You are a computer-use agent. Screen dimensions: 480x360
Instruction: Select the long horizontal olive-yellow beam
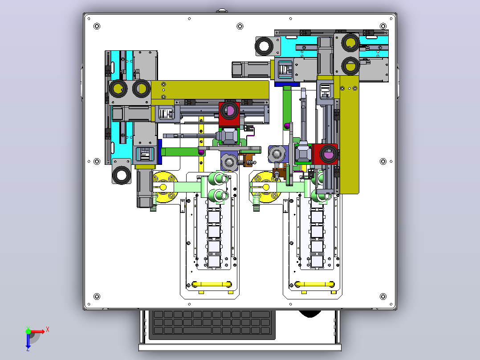point(210,90)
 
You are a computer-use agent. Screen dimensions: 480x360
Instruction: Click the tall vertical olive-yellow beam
point(349,135)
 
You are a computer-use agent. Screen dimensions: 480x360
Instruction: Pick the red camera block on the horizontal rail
point(229,114)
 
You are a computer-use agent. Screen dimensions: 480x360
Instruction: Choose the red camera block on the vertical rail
point(325,154)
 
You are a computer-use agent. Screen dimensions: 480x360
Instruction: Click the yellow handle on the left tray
point(212,284)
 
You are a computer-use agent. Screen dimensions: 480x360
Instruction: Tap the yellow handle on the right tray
point(314,284)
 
